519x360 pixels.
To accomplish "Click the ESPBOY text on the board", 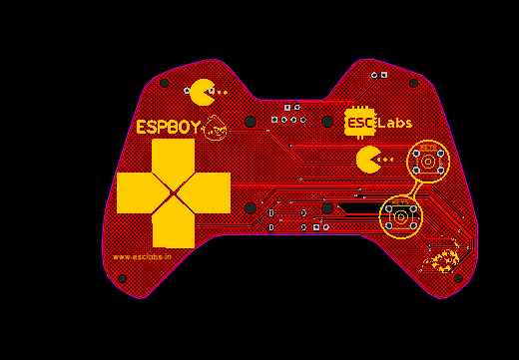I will pyautogui.click(x=168, y=128).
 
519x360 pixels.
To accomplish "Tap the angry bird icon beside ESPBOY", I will pyautogui.click(x=215, y=129).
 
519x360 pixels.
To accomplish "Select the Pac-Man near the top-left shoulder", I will pyautogui.click(x=203, y=93).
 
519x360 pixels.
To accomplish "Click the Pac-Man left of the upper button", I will pyautogui.click(x=368, y=160).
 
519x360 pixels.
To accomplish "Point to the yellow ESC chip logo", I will pyautogui.click(x=359, y=122).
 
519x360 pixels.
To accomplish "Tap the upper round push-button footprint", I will pyautogui.click(x=428, y=162).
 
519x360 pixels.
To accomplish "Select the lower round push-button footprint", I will pyautogui.click(x=400, y=216).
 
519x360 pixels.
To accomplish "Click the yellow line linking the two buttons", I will pyautogui.click(x=416, y=189).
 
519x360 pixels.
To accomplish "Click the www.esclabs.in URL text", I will pyautogui.click(x=142, y=256).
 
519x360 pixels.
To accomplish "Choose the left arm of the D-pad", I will pyautogui.click(x=136, y=192).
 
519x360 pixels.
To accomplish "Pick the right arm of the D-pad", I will pyautogui.click(x=211, y=192).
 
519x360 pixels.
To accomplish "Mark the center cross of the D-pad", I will pyautogui.click(x=173, y=192).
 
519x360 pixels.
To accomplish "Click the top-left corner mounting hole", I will pyautogui.click(x=164, y=83).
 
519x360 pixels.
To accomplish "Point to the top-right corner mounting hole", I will pyautogui.click(x=413, y=83).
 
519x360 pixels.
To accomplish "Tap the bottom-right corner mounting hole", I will pyautogui.click(x=458, y=278).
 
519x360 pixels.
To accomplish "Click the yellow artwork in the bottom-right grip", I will pyautogui.click(x=442, y=260).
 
